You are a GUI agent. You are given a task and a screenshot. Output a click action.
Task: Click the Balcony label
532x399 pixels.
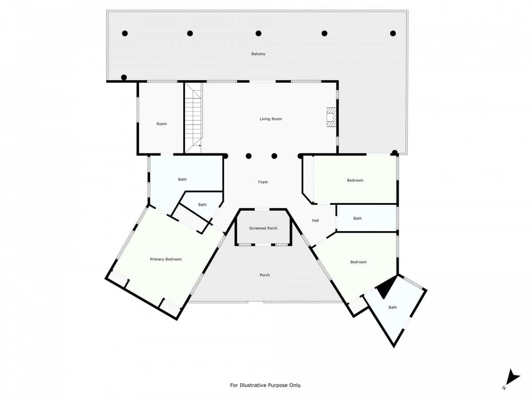click(x=258, y=54)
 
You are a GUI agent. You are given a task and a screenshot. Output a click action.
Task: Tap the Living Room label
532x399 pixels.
click(x=270, y=119)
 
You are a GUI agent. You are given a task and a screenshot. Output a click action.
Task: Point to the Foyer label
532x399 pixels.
click(x=263, y=182)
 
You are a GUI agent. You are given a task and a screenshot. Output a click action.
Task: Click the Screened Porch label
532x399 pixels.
click(x=263, y=228)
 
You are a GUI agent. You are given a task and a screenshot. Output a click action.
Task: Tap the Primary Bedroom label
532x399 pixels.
click(x=166, y=259)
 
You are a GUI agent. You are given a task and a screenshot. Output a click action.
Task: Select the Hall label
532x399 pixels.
click(x=316, y=220)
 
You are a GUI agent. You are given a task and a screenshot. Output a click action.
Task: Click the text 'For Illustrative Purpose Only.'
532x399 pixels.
click(x=266, y=385)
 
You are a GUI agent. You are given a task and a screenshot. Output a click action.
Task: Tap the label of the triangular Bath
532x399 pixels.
click(x=393, y=307)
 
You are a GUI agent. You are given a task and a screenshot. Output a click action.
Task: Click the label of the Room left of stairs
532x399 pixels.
click(x=162, y=124)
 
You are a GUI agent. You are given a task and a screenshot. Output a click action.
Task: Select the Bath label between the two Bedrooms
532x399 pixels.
click(x=358, y=218)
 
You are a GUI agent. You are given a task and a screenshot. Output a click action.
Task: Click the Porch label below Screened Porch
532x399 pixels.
click(x=265, y=275)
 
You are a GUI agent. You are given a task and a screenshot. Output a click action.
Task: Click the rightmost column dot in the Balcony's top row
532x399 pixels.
click(x=393, y=33)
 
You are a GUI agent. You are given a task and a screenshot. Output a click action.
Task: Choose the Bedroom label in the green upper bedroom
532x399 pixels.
click(x=355, y=180)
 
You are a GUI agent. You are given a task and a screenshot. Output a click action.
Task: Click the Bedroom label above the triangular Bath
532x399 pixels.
click(x=359, y=262)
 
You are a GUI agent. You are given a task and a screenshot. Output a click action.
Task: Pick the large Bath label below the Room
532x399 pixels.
click(x=182, y=180)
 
